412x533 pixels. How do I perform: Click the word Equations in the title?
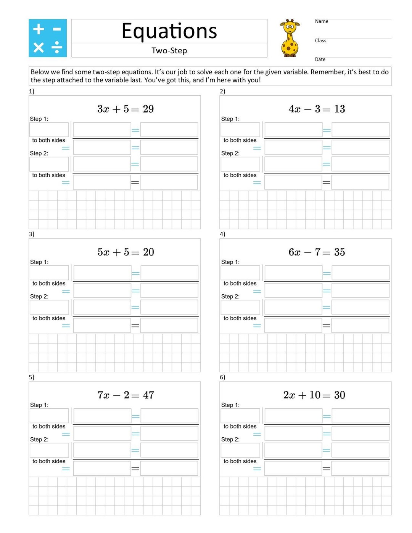169,31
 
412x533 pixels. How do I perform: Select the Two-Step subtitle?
169,50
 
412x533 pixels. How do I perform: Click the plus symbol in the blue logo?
39,29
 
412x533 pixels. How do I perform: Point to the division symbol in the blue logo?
57,48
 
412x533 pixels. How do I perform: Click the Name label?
321,21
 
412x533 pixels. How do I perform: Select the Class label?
320,41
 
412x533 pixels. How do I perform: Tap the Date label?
320,59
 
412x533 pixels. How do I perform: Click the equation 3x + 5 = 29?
125,109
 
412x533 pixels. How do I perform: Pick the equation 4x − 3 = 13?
317,109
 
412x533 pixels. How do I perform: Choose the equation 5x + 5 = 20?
126,252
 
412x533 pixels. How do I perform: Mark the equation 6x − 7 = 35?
317,252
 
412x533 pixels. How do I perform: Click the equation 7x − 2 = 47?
126,395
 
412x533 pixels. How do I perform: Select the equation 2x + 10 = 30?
314,395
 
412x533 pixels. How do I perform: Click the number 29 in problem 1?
148,109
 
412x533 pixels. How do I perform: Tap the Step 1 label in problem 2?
230,119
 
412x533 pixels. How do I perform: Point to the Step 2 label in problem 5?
39,439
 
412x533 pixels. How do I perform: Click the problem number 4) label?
222,234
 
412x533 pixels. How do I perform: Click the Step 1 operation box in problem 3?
49,273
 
